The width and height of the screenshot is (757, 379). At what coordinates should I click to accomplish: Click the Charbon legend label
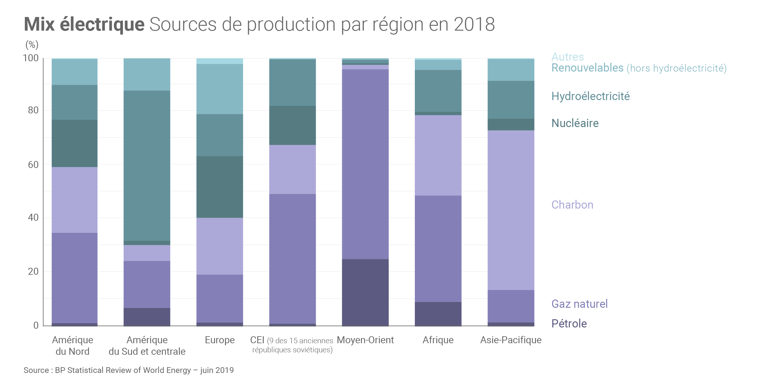572,205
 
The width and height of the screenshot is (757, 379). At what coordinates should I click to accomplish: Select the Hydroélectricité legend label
590,96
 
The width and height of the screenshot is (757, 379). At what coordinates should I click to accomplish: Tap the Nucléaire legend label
575,123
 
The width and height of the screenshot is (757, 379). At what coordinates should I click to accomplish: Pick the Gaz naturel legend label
579,304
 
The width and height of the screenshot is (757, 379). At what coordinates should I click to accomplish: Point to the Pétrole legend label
569,324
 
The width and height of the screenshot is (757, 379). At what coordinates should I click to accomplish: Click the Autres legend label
567,57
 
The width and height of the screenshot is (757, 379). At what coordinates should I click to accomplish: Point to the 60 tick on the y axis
33,165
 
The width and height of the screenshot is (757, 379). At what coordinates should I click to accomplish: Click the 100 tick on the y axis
31,58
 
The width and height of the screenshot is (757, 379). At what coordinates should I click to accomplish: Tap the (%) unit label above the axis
32,45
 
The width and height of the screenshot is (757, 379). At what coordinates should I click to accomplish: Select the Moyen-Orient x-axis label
365,340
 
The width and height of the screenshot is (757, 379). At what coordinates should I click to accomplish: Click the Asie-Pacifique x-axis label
511,340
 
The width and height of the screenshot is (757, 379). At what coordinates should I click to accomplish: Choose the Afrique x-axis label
438,340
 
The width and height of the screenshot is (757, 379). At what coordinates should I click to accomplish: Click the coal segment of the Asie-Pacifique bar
511,210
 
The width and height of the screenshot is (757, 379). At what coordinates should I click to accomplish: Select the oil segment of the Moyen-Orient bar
365,293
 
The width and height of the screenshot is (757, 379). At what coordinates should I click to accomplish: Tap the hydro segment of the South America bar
147,166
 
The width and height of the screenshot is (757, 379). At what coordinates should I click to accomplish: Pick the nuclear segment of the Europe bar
220,187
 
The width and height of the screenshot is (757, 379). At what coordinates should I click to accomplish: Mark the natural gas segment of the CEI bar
293,259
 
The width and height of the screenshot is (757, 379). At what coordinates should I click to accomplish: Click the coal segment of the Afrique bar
438,155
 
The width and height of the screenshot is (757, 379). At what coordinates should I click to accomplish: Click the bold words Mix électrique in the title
84,24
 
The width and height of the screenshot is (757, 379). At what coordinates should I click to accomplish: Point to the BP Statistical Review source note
129,370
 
